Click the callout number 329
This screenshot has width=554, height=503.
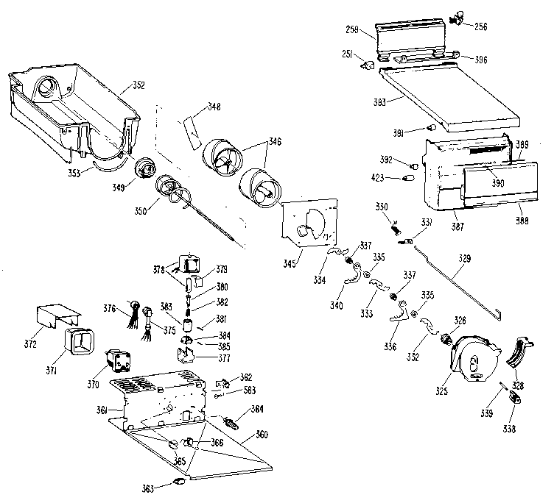464,259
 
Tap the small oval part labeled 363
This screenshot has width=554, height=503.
179,481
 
